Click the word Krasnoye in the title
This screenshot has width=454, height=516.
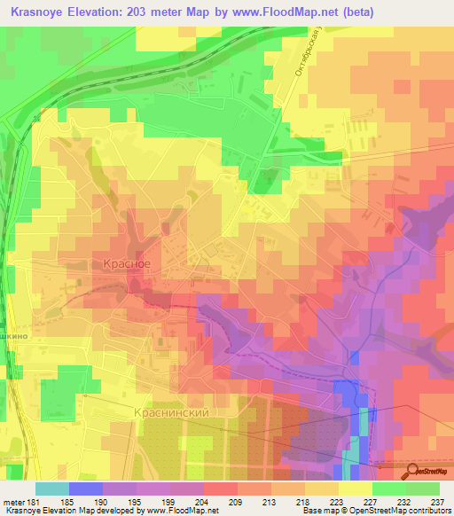point(42,12)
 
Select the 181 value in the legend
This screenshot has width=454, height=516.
point(32,502)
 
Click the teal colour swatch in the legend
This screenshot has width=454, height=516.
point(51,489)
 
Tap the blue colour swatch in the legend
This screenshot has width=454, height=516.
point(85,489)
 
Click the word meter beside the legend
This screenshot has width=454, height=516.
point(12,502)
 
